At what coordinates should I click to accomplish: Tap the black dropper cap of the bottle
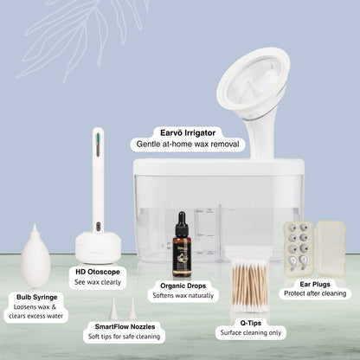[x=182, y=221]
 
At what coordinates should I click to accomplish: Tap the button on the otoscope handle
[x=98, y=225]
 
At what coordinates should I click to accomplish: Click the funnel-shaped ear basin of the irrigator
[x=254, y=84]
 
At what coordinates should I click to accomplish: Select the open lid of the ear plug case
[x=331, y=248]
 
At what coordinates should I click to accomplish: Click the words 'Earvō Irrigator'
[x=188, y=133]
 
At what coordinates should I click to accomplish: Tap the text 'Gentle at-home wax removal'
[x=188, y=144]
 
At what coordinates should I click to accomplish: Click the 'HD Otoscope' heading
[x=98, y=272]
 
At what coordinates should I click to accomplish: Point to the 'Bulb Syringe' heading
[x=36, y=297]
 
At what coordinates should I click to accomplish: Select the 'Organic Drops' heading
[x=183, y=286]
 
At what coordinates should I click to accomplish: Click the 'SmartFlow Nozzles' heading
[x=125, y=326]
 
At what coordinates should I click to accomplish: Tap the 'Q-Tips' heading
[x=251, y=323]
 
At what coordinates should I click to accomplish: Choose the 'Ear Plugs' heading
[x=315, y=284]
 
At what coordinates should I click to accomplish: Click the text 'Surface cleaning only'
[x=251, y=332]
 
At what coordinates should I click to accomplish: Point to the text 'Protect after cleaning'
[x=315, y=293]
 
